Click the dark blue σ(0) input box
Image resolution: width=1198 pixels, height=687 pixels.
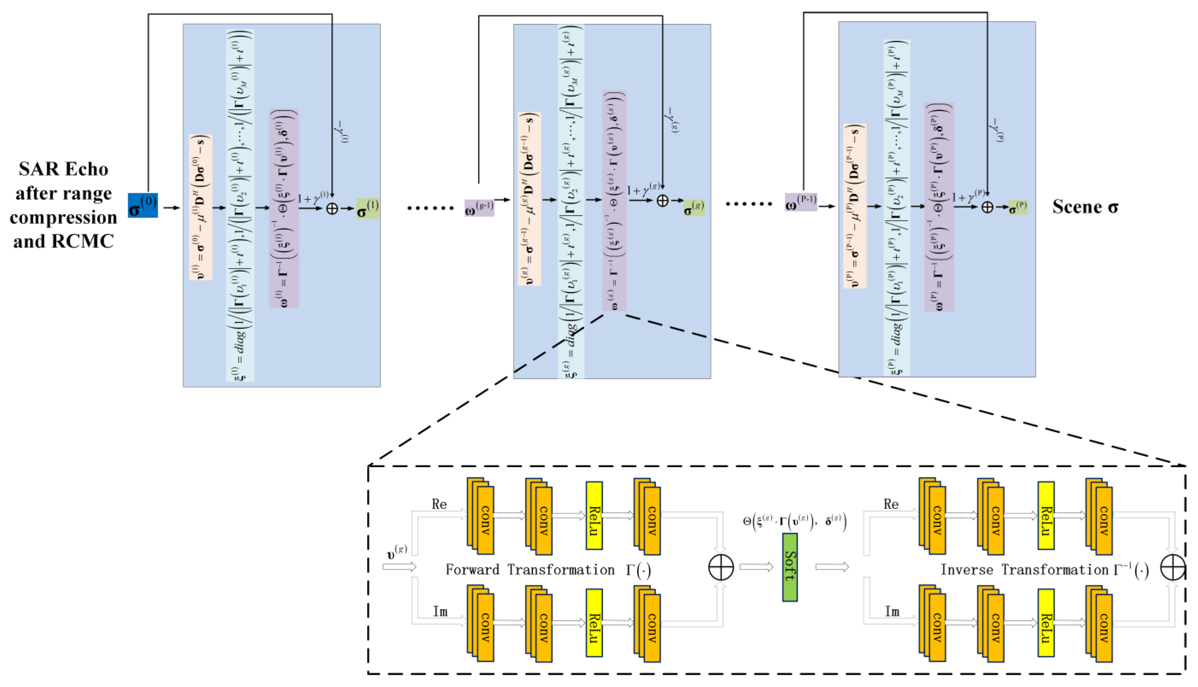tap(143, 205)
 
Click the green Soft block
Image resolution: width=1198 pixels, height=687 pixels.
tap(789, 567)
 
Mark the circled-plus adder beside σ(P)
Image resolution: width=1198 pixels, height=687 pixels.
tap(987, 207)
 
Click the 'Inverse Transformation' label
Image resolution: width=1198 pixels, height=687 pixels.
tap(1024, 570)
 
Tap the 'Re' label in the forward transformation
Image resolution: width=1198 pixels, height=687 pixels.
tap(439, 504)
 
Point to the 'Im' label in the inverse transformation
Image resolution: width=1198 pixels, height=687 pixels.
tap(892, 612)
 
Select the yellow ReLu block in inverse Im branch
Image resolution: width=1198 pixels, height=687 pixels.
tap(1046, 622)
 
